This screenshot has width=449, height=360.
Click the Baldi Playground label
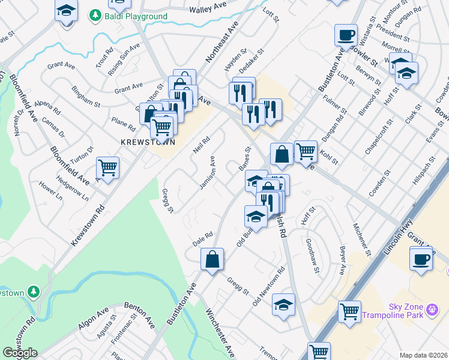[136, 16]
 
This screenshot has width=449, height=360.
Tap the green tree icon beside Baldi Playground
[95, 15]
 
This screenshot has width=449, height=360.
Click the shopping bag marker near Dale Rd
[212, 260]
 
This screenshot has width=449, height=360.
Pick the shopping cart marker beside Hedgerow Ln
[108, 169]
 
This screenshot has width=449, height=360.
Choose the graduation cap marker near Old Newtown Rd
[283, 305]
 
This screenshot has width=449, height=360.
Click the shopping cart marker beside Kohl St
[306, 151]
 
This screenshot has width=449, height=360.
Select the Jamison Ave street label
[208, 173]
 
